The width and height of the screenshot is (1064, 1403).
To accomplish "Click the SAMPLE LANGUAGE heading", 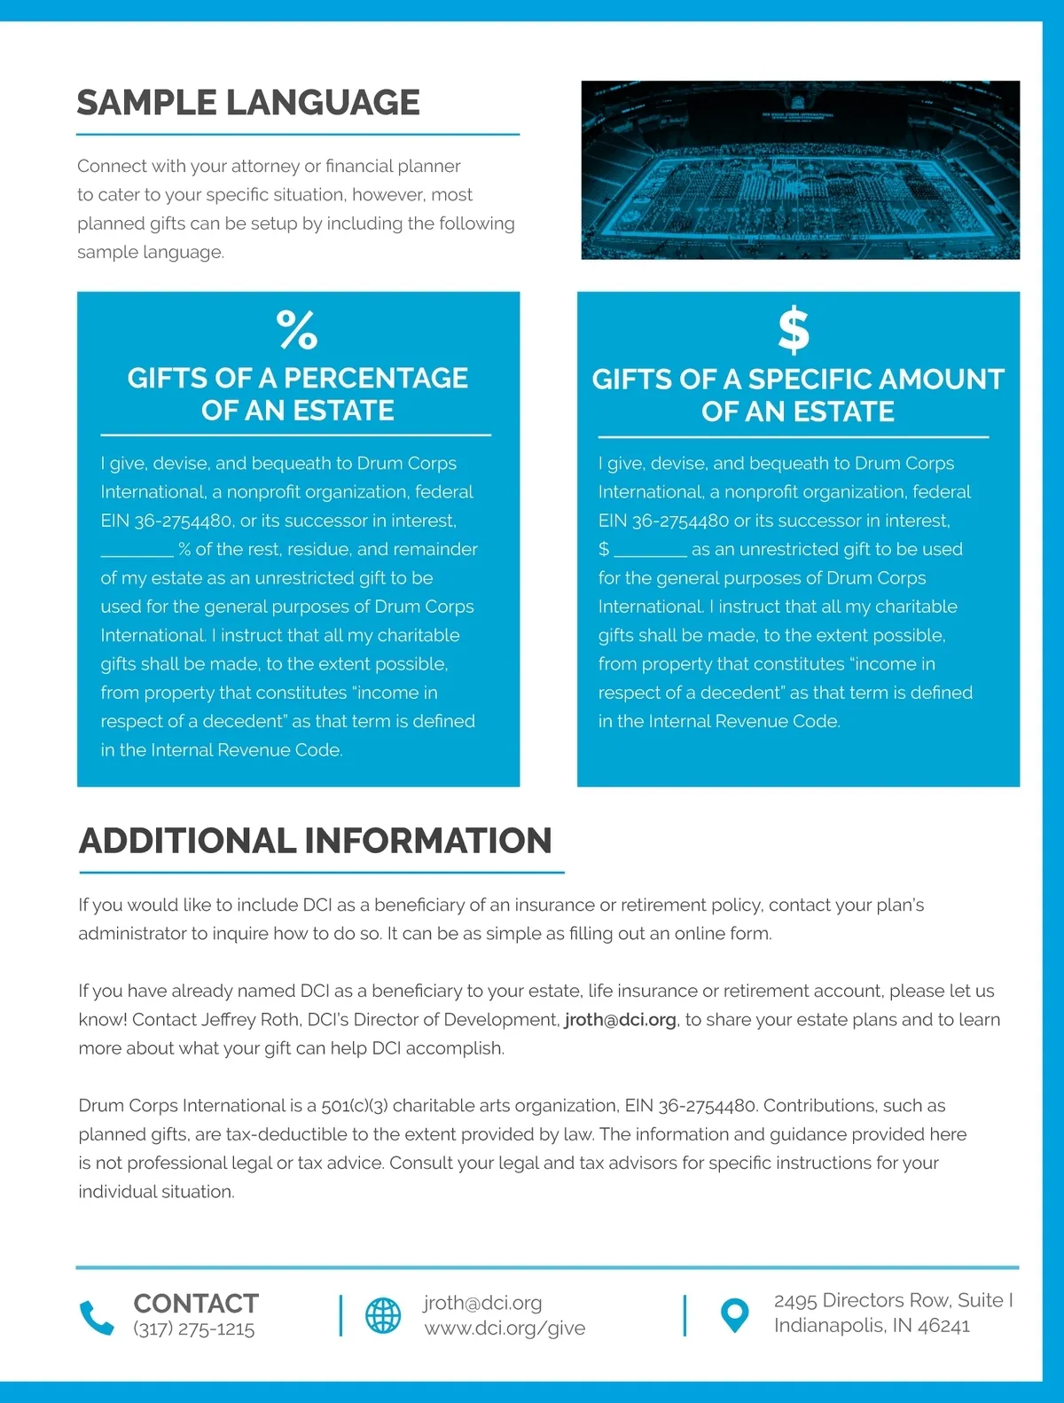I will [248, 103].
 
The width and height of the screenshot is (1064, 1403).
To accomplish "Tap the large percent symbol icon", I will [297, 330].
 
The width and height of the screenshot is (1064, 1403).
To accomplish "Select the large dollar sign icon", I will [794, 330].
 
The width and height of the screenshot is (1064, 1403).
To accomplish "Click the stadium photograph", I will [800, 170].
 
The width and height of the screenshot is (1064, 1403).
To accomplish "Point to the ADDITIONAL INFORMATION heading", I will [316, 841].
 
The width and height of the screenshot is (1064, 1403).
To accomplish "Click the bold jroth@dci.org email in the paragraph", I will [620, 1020].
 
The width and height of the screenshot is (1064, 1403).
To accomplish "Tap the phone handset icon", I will [97, 1318].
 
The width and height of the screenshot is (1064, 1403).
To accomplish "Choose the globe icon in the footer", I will [383, 1315].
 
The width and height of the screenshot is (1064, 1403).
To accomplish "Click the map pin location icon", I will [734, 1315].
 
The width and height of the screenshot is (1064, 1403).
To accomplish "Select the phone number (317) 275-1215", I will [194, 1329].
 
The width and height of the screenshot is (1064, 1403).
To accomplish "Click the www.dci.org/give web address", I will [505, 1329].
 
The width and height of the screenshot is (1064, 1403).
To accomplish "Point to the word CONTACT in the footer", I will [196, 1304].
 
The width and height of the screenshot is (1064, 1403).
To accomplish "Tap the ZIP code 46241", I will [943, 1326].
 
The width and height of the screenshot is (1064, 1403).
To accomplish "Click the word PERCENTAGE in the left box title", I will [376, 379].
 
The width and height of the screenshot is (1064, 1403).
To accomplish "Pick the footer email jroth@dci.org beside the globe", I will [482, 1303].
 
